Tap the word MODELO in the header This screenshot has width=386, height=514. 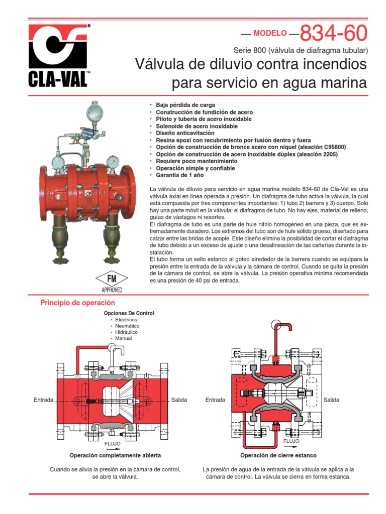coord(270,34)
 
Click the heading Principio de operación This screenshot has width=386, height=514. coord(77,303)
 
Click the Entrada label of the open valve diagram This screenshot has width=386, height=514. coord(43,400)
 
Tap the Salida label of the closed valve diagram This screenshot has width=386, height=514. coord(332,400)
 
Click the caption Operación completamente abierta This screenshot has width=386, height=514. coord(115,455)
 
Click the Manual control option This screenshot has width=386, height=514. coord(124,338)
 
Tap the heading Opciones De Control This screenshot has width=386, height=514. coord(129,313)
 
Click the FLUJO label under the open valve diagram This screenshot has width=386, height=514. coord(113,444)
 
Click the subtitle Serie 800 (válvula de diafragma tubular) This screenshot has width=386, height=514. coord(301,51)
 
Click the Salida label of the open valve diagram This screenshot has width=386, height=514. coord(179,400)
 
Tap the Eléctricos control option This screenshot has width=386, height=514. coord(126,320)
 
